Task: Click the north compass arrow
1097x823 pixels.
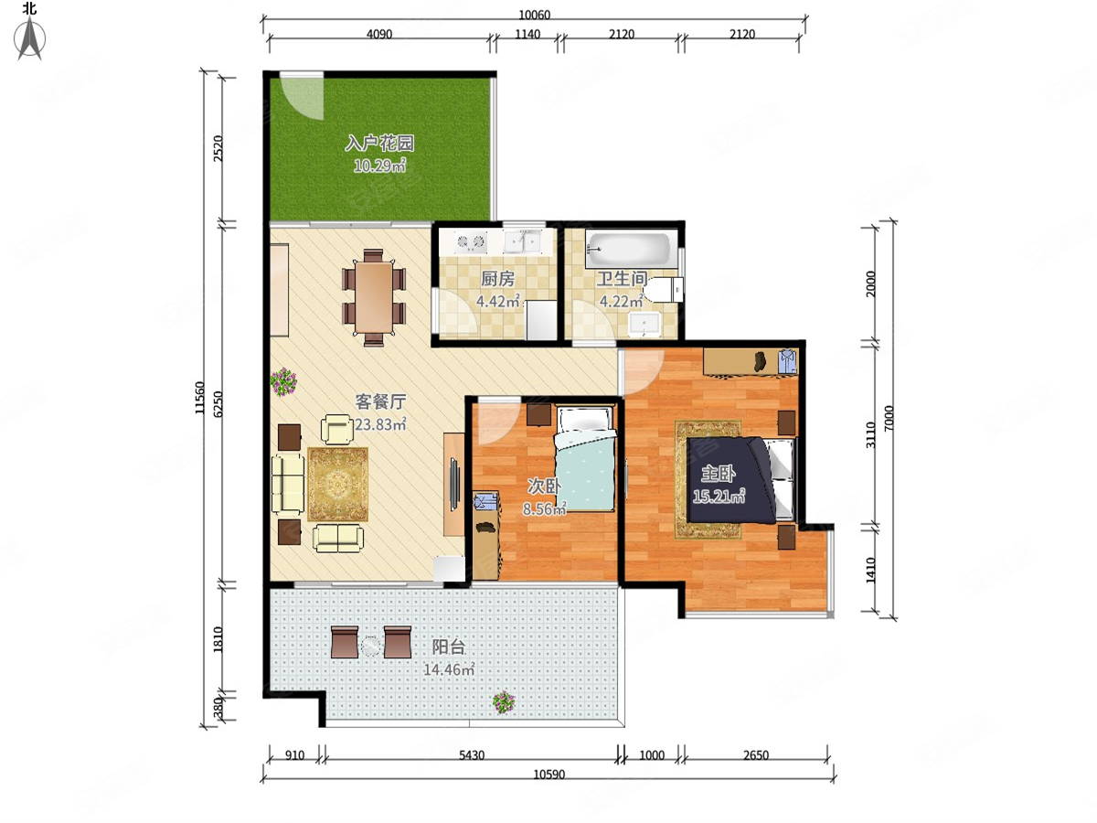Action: point(30,39)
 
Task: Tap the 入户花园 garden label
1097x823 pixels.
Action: point(379,144)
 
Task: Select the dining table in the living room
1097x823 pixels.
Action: point(374,298)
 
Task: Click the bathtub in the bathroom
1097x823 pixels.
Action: point(628,250)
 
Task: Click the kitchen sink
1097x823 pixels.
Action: point(522,241)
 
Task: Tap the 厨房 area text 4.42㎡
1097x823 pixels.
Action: point(498,302)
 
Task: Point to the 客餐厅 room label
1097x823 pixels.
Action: point(380,401)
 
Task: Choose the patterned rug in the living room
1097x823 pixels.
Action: point(338,485)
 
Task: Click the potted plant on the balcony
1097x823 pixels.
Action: point(504,702)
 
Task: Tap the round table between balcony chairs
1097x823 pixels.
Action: point(370,646)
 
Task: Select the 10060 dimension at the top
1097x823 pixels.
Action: point(534,15)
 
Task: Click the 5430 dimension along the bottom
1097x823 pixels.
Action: point(472,754)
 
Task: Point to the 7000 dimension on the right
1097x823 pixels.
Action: point(888,419)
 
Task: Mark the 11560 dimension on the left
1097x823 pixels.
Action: point(200,398)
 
